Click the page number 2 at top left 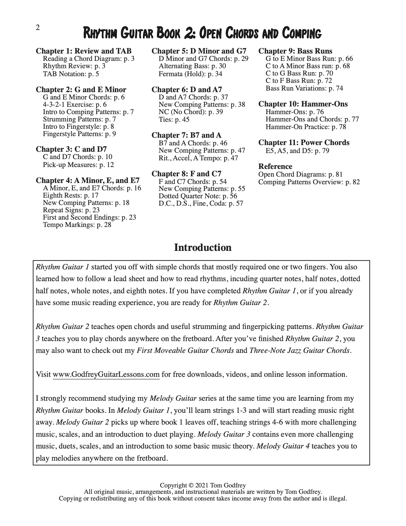(x=38, y=28)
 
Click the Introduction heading (x=203, y=248)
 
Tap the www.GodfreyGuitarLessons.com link (x=106, y=374)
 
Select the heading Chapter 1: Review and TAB (x=83, y=51)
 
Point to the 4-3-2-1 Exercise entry (x=75, y=105)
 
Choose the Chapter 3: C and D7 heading (x=71, y=149)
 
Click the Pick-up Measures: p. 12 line (x=78, y=165)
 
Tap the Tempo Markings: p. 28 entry (x=77, y=225)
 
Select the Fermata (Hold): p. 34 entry (x=190, y=74)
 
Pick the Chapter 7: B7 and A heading (x=186, y=135)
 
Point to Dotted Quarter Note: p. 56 (x=198, y=196)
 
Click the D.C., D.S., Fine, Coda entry (x=201, y=203)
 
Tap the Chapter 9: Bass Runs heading (x=295, y=51)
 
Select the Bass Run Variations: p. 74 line (x=304, y=88)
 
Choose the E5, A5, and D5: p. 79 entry (x=297, y=151)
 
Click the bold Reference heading (x=275, y=166)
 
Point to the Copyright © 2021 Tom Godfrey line (x=203, y=485)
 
